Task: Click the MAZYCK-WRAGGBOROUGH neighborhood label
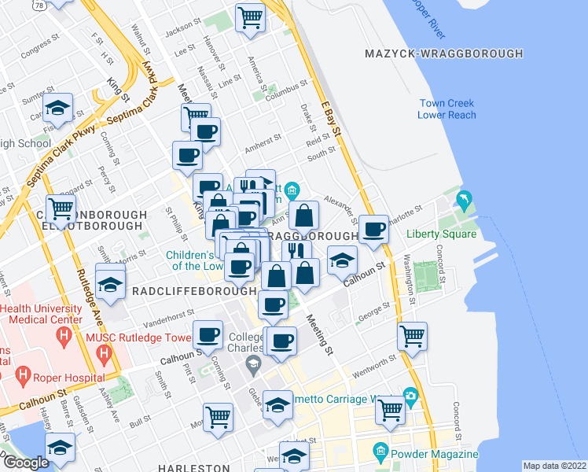[444, 53]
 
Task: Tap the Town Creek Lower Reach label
[447, 109]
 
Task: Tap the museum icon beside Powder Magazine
[380, 452]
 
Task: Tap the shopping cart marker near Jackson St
[250, 17]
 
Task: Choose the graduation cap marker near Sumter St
[58, 109]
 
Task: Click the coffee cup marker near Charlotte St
[373, 229]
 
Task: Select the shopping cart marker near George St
[412, 336]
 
